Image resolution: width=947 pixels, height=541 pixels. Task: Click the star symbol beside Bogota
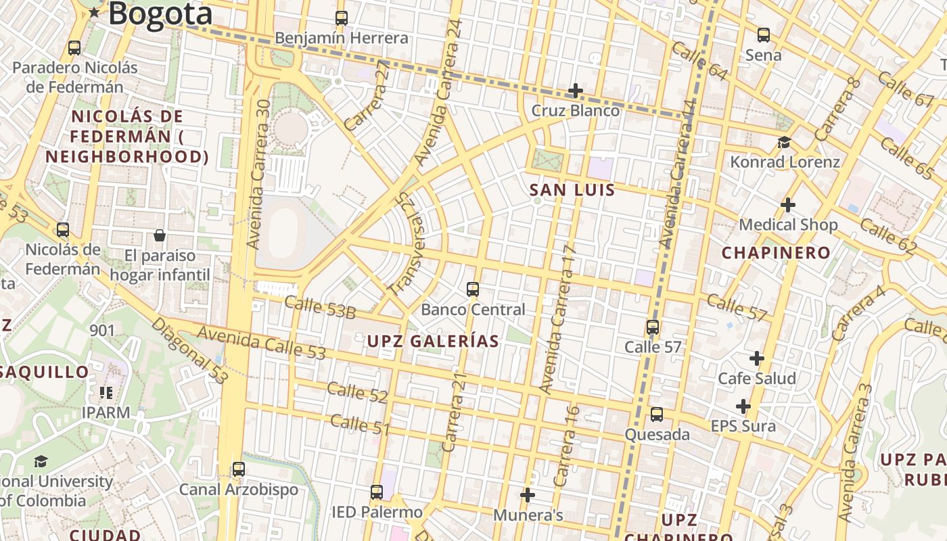click(94, 13)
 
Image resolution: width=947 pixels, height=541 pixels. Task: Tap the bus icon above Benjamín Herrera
click(342, 18)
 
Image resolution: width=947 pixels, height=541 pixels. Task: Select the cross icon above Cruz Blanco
click(575, 91)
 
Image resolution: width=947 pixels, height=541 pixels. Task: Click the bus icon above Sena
click(764, 35)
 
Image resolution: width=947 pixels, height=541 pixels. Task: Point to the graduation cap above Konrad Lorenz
click(785, 142)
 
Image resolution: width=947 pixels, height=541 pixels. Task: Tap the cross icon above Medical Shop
click(788, 204)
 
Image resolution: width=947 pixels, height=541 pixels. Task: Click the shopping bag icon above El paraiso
click(160, 235)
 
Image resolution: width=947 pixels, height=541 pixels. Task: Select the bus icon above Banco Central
click(473, 289)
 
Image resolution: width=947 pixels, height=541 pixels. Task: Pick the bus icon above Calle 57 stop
click(653, 327)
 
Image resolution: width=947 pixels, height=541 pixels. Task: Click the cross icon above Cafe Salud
click(757, 358)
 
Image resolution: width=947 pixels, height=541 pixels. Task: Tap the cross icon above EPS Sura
click(743, 406)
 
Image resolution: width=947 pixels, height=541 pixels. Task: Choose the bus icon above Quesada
click(657, 415)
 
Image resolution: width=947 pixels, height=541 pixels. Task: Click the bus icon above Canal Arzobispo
click(238, 469)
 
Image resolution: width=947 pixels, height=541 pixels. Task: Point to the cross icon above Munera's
click(528, 495)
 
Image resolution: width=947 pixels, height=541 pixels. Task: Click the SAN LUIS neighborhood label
click(572, 190)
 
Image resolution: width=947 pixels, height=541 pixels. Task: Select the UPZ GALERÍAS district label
click(433, 341)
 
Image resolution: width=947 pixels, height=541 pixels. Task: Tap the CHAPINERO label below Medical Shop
click(776, 253)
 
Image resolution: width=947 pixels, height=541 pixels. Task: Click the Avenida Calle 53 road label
click(261, 343)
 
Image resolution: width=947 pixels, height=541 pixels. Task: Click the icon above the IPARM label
click(106, 392)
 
